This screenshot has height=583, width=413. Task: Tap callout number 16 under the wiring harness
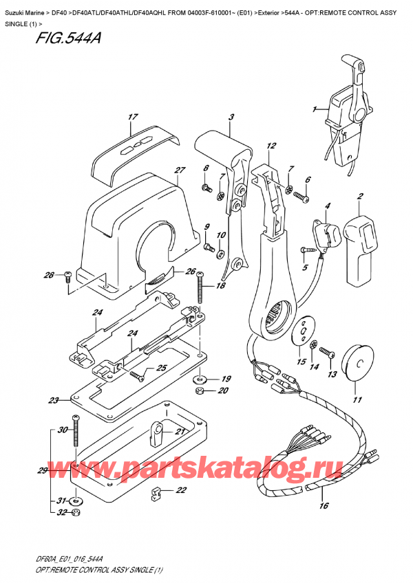324,507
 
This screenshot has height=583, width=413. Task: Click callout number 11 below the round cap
357,400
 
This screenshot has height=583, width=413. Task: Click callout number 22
181,490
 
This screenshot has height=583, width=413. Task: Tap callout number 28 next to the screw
48,276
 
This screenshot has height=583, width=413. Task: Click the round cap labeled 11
357,364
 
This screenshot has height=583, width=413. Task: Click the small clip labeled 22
156,492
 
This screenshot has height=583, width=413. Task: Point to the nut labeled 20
199,391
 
